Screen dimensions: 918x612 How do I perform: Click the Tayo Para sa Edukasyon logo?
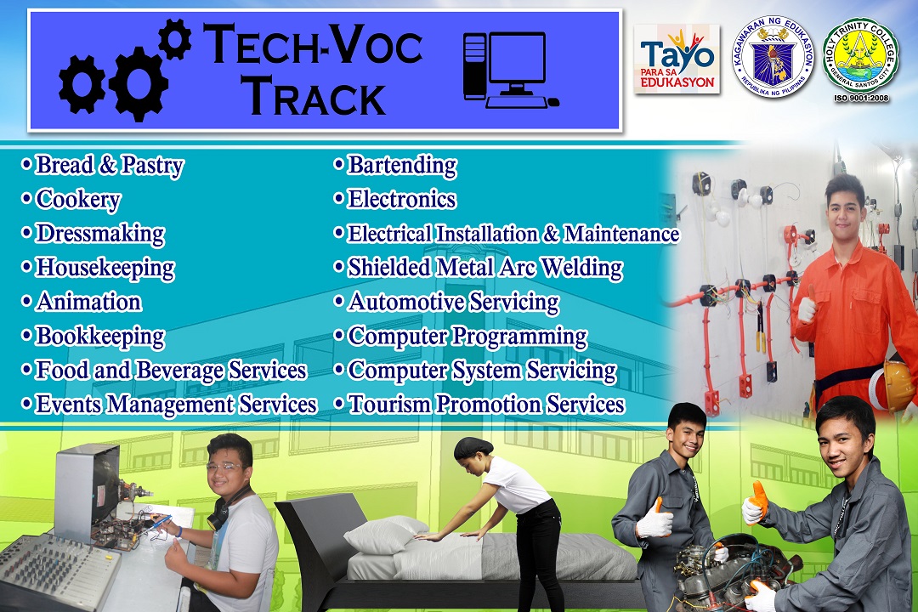(x=677, y=59)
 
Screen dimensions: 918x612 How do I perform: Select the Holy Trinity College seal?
(x=860, y=56)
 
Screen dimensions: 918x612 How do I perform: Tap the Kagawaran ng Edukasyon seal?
(x=773, y=56)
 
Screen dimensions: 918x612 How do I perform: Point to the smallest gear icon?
(x=175, y=39)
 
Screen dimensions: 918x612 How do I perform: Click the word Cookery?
(x=78, y=200)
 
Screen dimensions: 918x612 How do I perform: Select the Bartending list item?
(x=396, y=166)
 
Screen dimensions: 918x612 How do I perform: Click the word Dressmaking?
(x=100, y=235)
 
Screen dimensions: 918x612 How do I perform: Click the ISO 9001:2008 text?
(x=861, y=99)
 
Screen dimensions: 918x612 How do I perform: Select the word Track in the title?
(x=314, y=96)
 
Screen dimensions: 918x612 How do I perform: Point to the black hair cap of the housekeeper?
(x=473, y=448)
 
